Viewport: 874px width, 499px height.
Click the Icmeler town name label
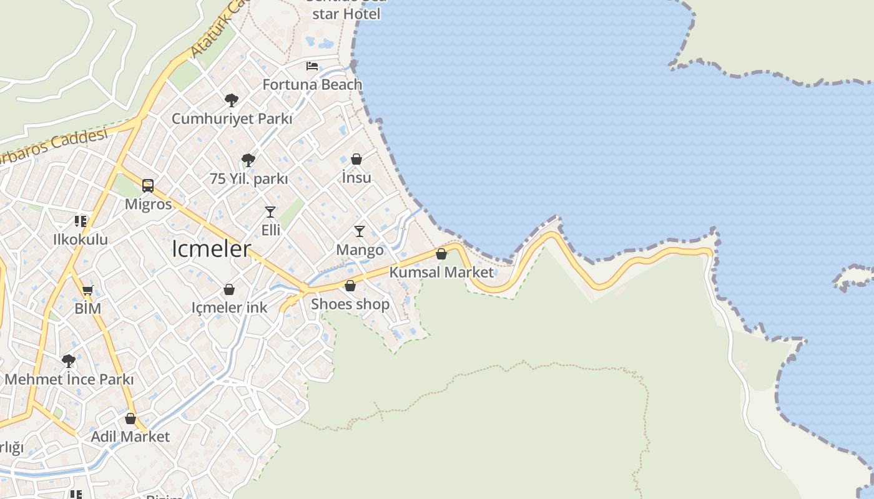click(211, 249)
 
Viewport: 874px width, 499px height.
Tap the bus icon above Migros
click(148, 185)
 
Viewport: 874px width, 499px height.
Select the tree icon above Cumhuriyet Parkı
click(232, 100)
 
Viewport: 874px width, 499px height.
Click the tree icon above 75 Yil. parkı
click(248, 160)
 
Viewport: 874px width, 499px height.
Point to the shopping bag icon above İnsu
click(356, 159)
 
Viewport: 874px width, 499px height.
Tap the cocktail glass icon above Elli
click(270, 212)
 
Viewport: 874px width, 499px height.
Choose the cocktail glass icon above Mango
click(360, 231)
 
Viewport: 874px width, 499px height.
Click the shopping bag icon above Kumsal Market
click(441, 254)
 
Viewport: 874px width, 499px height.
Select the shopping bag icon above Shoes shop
click(350, 286)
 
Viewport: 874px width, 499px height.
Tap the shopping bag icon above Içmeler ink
click(229, 289)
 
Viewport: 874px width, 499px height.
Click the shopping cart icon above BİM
click(88, 290)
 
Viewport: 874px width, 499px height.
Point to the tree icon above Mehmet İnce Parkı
click(69, 361)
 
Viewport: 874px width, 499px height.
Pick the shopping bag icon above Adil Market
click(130, 418)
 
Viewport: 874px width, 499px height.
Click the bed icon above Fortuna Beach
click(312, 66)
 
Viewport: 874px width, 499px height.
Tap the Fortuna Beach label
click(312, 84)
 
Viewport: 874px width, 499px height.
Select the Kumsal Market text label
click(441, 272)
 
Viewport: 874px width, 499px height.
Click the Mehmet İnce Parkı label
click(69, 379)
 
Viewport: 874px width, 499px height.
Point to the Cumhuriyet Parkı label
click(232, 119)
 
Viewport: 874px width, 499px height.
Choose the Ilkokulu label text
click(81, 240)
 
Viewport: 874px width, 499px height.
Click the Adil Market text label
click(130, 437)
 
